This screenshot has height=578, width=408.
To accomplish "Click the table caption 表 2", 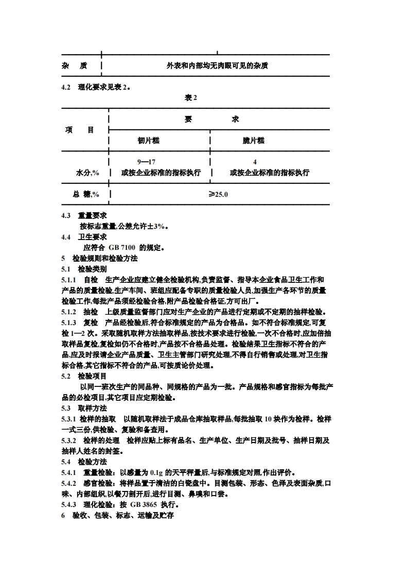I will (x=191, y=97).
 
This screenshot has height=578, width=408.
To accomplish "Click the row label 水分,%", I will (x=87, y=173).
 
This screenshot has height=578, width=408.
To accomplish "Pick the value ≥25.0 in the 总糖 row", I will (x=218, y=194).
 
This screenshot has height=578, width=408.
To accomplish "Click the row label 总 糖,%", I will (x=85, y=194).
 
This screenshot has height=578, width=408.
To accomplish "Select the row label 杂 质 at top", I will (x=74, y=66).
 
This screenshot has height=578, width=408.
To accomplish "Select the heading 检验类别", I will (x=92, y=269).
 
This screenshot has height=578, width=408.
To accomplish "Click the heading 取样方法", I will (x=92, y=408).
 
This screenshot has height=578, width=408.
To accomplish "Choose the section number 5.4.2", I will (x=69, y=483).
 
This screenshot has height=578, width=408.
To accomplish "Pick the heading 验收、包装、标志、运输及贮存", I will (x=122, y=515).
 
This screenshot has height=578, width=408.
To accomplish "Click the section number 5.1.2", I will (x=69, y=312).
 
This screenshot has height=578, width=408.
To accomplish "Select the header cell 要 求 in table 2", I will (x=211, y=119).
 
